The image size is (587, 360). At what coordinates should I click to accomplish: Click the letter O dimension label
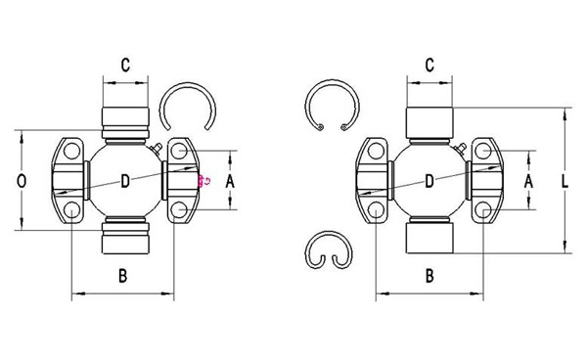click(x=22, y=181)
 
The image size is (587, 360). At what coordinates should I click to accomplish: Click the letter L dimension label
click(x=564, y=181)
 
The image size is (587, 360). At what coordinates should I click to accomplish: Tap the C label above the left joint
click(x=125, y=65)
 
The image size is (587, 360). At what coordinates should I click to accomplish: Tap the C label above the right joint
click(x=429, y=65)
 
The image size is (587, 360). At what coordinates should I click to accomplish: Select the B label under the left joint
click(x=123, y=276)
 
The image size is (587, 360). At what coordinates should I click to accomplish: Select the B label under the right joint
click(x=429, y=276)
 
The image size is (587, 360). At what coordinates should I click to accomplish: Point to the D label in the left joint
click(x=125, y=182)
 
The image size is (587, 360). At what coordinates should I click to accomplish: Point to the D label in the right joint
click(x=429, y=182)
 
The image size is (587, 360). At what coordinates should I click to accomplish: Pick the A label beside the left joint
click(x=230, y=182)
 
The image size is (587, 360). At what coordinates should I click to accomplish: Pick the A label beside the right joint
click(x=528, y=182)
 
